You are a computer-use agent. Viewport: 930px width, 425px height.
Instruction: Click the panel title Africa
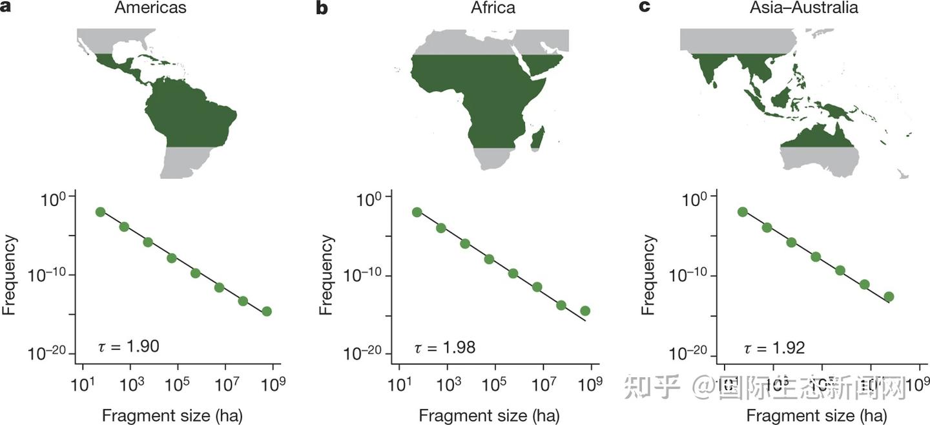[493, 8]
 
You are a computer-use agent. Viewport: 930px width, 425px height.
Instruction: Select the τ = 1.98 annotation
[444, 347]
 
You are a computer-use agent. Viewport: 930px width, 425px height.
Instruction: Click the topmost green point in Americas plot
[100, 212]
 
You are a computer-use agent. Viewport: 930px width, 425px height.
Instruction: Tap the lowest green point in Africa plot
[585, 311]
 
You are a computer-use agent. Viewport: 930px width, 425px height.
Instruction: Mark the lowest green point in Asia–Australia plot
[889, 296]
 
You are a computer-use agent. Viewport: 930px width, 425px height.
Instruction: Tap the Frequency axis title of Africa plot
[327, 275]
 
